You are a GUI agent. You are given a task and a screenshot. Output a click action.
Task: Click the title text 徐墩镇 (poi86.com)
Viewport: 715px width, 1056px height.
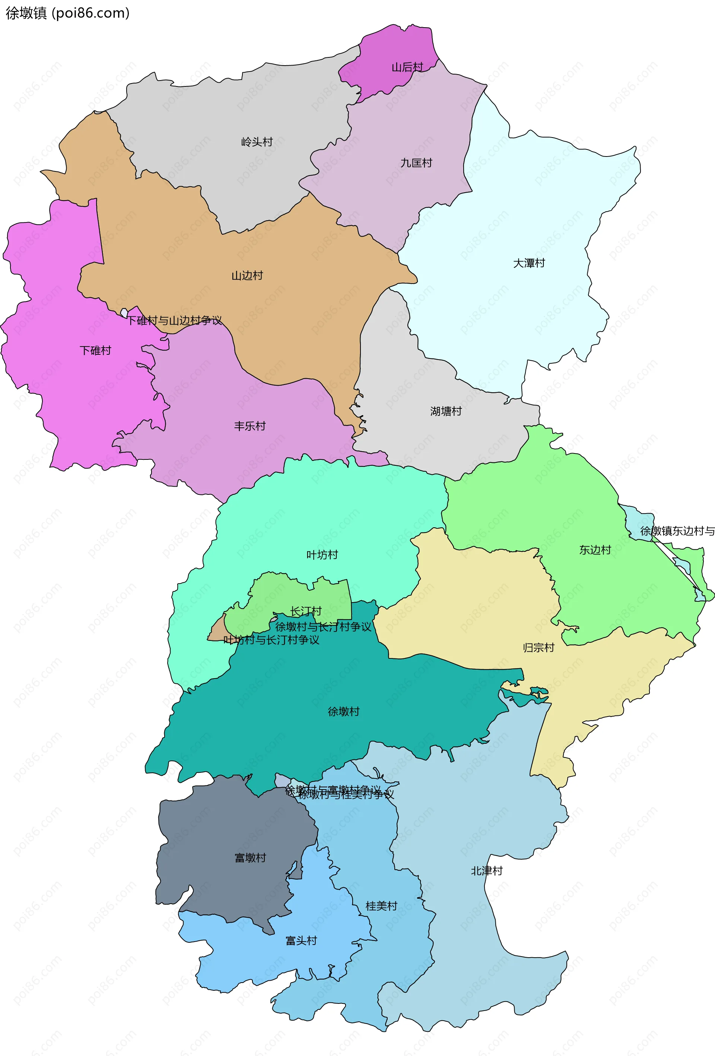pos(67,13)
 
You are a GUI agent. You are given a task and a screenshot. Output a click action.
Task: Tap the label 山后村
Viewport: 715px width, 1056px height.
pos(407,67)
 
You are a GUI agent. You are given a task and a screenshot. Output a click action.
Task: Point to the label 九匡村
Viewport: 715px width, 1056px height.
pos(416,163)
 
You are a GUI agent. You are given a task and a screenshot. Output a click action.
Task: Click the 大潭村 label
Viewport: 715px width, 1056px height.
pos(529,263)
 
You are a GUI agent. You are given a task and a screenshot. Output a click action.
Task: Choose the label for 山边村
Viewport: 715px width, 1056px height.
pos(247,275)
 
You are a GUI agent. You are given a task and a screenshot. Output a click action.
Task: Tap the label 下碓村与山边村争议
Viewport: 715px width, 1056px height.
pos(174,320)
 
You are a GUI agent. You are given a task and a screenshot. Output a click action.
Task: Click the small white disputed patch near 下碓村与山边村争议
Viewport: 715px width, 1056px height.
pos(124,313)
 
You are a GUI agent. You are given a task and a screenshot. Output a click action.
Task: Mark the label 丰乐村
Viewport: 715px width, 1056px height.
pos(250,426)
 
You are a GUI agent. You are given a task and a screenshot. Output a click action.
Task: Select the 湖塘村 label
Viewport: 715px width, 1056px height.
pos(446,411)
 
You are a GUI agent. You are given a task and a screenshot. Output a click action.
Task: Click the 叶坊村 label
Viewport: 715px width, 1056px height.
pos(322,554)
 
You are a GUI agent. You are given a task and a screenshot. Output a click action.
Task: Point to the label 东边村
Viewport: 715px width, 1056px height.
pos(595,550)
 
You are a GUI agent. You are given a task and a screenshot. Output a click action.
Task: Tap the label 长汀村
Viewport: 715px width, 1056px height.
pos(306,611)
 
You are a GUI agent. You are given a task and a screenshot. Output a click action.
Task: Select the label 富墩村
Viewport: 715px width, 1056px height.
pos(250,858)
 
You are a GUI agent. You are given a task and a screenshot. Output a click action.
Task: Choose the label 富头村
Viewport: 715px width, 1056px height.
pos(301,940)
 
